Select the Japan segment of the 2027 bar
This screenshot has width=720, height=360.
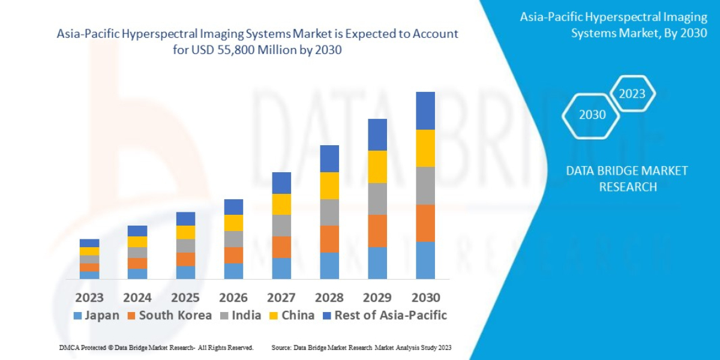coord(281,268)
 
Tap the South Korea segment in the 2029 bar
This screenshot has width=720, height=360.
coord(377,231)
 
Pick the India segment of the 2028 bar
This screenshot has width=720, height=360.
coord(329,212)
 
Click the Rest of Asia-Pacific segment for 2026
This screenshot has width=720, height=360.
coord(233,207)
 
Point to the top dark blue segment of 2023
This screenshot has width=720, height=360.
coord(89,243)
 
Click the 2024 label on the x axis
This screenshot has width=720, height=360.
coord(137,298)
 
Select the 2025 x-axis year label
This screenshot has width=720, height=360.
coord(185,298)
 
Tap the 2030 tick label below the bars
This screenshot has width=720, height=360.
coord(425,298)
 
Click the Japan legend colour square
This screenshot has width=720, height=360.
coord(77,316)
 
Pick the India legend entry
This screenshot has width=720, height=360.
coord(241,316)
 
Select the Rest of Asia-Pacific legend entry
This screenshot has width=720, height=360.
coord(385,316)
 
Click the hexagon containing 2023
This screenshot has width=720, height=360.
coord(632,94)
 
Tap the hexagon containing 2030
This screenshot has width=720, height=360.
coord(592,115)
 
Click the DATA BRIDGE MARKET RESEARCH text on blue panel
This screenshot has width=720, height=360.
coord(627,179)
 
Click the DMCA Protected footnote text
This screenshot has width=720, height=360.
coord(156,347)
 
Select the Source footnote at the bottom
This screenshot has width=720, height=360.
coord(361,347)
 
